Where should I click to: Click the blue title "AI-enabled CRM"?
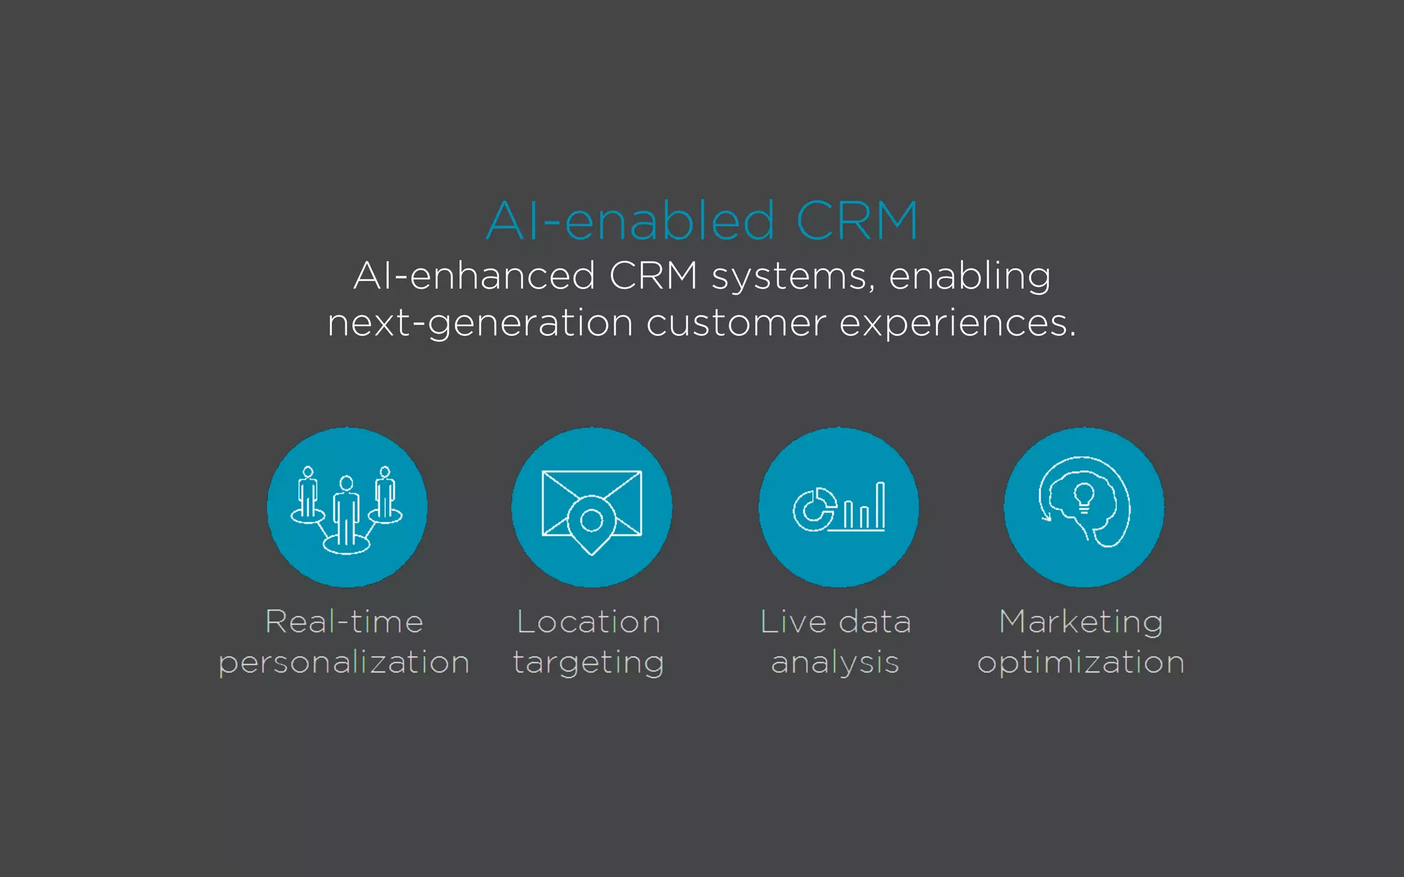click(x=702, y=221)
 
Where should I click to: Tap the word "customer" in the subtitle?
click(x=736, y=323)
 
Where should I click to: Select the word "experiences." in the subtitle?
click(x=958, y=323)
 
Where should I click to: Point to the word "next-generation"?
click(x=480, y=323)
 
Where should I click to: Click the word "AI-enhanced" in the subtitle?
click(x=474, y=276)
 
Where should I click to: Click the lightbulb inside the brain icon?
click(x=1084, y=496)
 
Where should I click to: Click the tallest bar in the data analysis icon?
click(x=880, y=505)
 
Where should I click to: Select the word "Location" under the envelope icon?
click(x=589, y=622)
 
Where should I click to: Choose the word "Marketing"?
click(x=1081, y=622)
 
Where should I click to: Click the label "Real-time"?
click(x=344, y=622)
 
